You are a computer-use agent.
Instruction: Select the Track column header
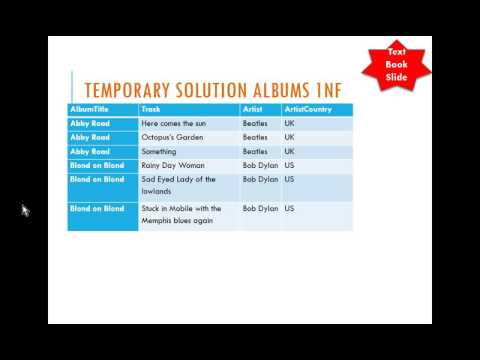coord(152,109)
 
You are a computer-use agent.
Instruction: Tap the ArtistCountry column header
coord(306,109)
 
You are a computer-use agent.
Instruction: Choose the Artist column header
coord(254,109)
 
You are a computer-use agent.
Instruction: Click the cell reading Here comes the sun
coord(177,123)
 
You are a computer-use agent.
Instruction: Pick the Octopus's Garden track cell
coord(175,137)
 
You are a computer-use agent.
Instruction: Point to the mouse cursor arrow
coord(25,210)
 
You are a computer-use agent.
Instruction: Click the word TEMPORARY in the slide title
coord(133,88)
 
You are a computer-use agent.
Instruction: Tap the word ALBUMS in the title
coord(289,88)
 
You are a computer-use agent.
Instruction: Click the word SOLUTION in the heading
coord(217,88)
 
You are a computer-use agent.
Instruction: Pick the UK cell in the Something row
coord(289,151)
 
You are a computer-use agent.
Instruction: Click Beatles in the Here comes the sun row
coord(255,123)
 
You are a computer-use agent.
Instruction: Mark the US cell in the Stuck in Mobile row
coord(289,208)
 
